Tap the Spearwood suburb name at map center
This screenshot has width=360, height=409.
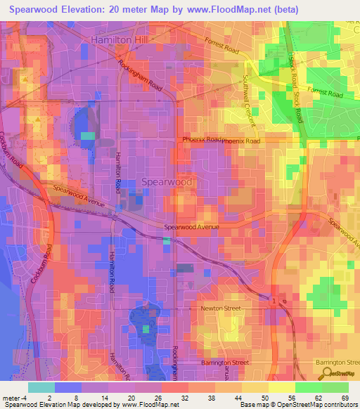(167, 181)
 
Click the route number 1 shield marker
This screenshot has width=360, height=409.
(274, 301)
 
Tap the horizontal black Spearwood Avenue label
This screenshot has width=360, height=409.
(191, 228)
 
